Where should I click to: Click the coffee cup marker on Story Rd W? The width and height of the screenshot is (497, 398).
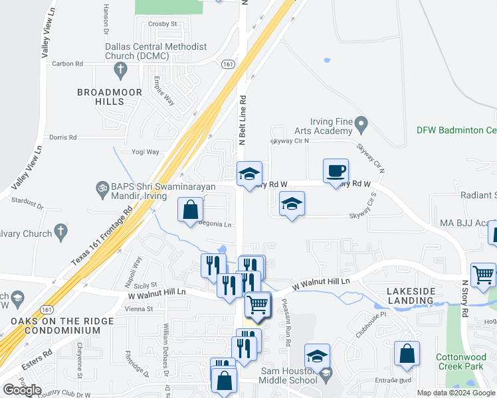[x=336, y=170]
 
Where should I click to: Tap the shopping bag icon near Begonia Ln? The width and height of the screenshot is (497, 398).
[x=191, y=210]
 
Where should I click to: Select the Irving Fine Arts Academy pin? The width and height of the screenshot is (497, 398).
[x=361, y=123]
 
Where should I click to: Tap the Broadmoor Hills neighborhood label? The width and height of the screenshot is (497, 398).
[x=100, y=97]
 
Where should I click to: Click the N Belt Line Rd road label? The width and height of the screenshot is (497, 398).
[x=243, y=120]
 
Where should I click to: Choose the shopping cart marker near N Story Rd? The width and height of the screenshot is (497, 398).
[x=483, y=275]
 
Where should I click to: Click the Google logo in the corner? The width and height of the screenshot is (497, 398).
[x=22, y=390]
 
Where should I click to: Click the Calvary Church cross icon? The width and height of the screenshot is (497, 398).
[x=60, y=232]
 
